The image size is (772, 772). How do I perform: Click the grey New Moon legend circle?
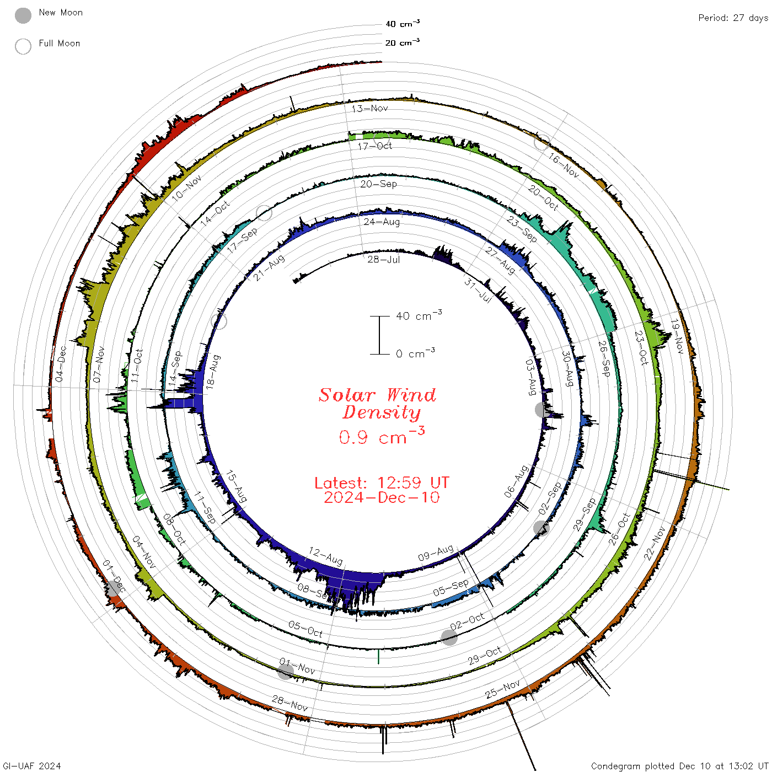click(x=23, y=15)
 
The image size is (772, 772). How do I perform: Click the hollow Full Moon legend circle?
click(x=23, y=46)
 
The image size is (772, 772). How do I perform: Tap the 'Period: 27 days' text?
click(x=733, y=18)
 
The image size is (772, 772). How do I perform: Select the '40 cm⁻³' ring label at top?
click(x=403, y=24)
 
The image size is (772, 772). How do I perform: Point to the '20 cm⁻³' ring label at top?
click(x=403, y=42)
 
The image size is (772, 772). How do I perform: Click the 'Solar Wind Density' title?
click(x=377, y=404)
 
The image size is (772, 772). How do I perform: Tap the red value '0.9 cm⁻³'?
click(x=382, y=436)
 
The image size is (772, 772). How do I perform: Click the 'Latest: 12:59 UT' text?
click(x=382, y=482)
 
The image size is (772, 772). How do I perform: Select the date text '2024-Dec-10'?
click(x=382, y=497)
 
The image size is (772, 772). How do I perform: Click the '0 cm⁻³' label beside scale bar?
click(x=415, y=353)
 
